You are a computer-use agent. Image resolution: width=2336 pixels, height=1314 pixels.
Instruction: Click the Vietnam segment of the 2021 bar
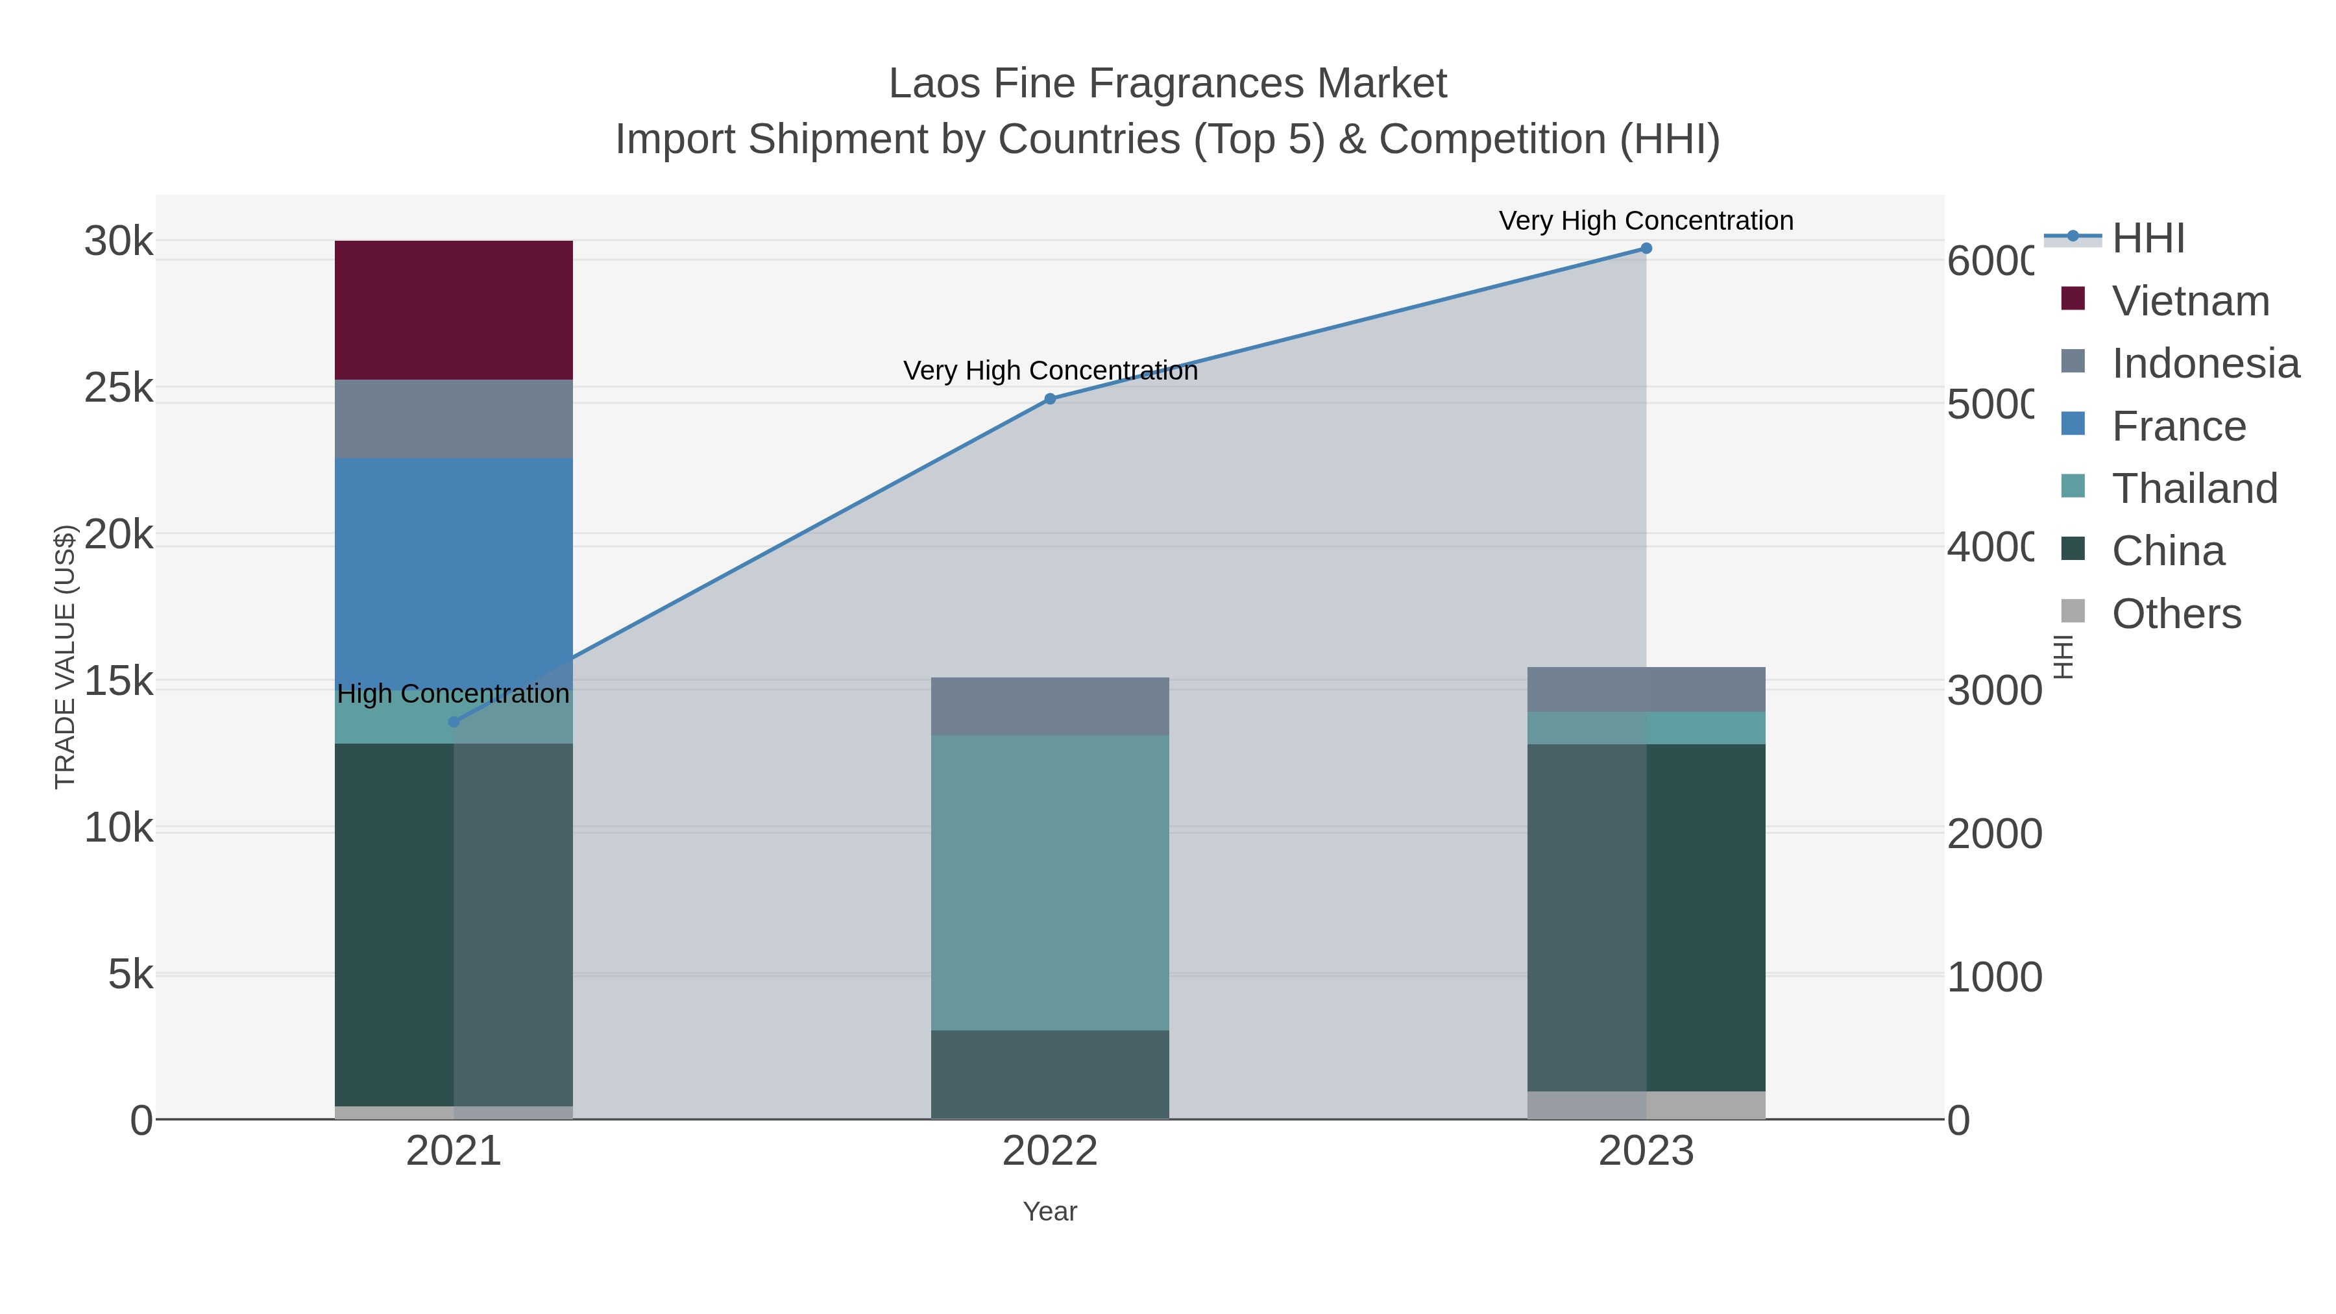pyautogui.click(x=454, y=310)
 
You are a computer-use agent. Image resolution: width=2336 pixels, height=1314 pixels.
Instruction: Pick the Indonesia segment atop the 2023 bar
pyautogui.click(x=1646, y=689)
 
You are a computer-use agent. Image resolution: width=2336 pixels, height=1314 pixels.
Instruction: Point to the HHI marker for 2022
pyautogui.click(x=1050, y=399)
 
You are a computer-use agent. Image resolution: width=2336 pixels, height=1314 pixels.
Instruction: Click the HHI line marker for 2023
pyautogui.click(x=1646, y=249)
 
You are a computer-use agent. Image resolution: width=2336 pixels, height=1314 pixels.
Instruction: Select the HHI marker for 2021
pyautogui.click(x=454, y=722)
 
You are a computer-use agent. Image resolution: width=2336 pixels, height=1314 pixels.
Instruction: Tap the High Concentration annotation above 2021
pyautogui.click(x=454, y=694)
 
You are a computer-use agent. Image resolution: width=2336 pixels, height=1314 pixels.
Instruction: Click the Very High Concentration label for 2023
pyautogui.click(x=1646, y=221)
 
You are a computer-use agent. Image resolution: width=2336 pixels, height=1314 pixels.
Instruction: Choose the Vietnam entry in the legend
pyautogui.click(x=2190, y=301)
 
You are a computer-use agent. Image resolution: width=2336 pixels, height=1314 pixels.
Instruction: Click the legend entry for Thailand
pyautogui.click(x=2194, y=489)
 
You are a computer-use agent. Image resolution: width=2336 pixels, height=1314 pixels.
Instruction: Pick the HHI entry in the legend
pyautogui.click(x=2147, y=239)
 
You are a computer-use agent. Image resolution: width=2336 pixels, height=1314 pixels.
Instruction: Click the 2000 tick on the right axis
pyautogui.click(x=1994, y=834)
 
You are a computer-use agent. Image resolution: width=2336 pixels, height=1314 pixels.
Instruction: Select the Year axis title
pyautogui.click(x=1049, y=1211)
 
